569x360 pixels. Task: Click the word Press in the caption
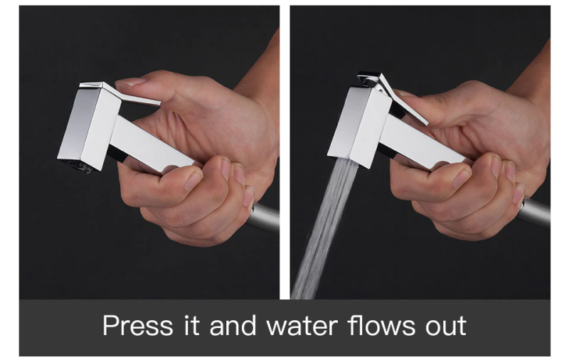point(138,326)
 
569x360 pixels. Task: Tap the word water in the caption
point(302,326)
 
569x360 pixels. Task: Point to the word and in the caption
point(233,325)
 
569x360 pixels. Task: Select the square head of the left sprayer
point(90,127)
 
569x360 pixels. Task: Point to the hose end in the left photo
point(265,218)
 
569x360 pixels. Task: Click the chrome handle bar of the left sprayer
point(152,144)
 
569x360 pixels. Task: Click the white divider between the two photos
point(285,152)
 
